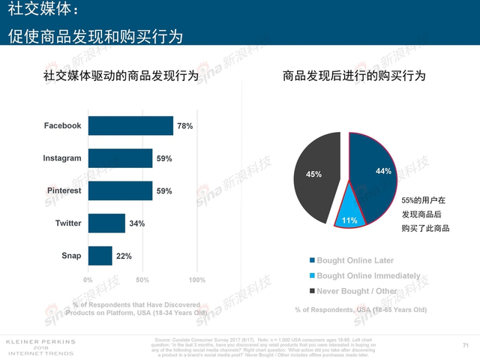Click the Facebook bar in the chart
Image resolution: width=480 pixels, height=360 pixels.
pos(131,126)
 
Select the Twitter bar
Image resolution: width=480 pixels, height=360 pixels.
pos(107,223)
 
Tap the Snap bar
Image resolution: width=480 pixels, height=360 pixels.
pos(100,256)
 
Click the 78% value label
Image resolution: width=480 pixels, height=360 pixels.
pos(184,127)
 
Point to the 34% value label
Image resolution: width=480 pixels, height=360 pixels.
pos(136,223)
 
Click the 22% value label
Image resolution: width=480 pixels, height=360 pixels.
pos(124,256)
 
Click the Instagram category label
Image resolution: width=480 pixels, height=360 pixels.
pos(61,158)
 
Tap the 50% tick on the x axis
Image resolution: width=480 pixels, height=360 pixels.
pos(142,280)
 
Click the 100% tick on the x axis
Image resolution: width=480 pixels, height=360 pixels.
pos(196,280)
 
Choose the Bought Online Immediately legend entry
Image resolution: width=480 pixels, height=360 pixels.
pos(363,276)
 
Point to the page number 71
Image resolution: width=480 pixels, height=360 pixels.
pos(466,345)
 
